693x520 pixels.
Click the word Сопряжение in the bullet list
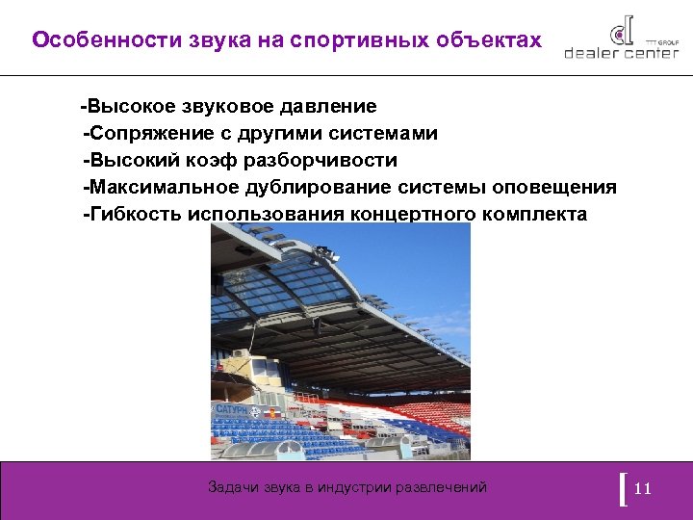point(147,133)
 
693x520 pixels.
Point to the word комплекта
point(533,214)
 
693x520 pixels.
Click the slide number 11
point(644,489)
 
